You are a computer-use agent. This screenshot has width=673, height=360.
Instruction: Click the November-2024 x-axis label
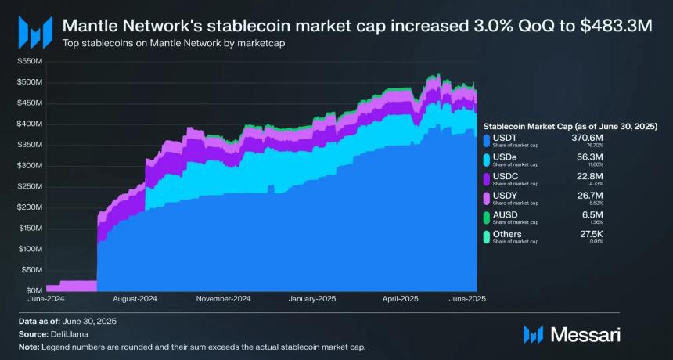click(224, 299)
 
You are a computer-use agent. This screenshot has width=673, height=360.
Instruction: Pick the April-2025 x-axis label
click(400, 299)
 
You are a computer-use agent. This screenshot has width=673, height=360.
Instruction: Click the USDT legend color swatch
click(488, 139)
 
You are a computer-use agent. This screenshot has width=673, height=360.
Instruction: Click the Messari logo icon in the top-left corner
click(31, 31)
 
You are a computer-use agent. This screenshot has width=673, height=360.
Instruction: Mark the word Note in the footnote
click(27, 345)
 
